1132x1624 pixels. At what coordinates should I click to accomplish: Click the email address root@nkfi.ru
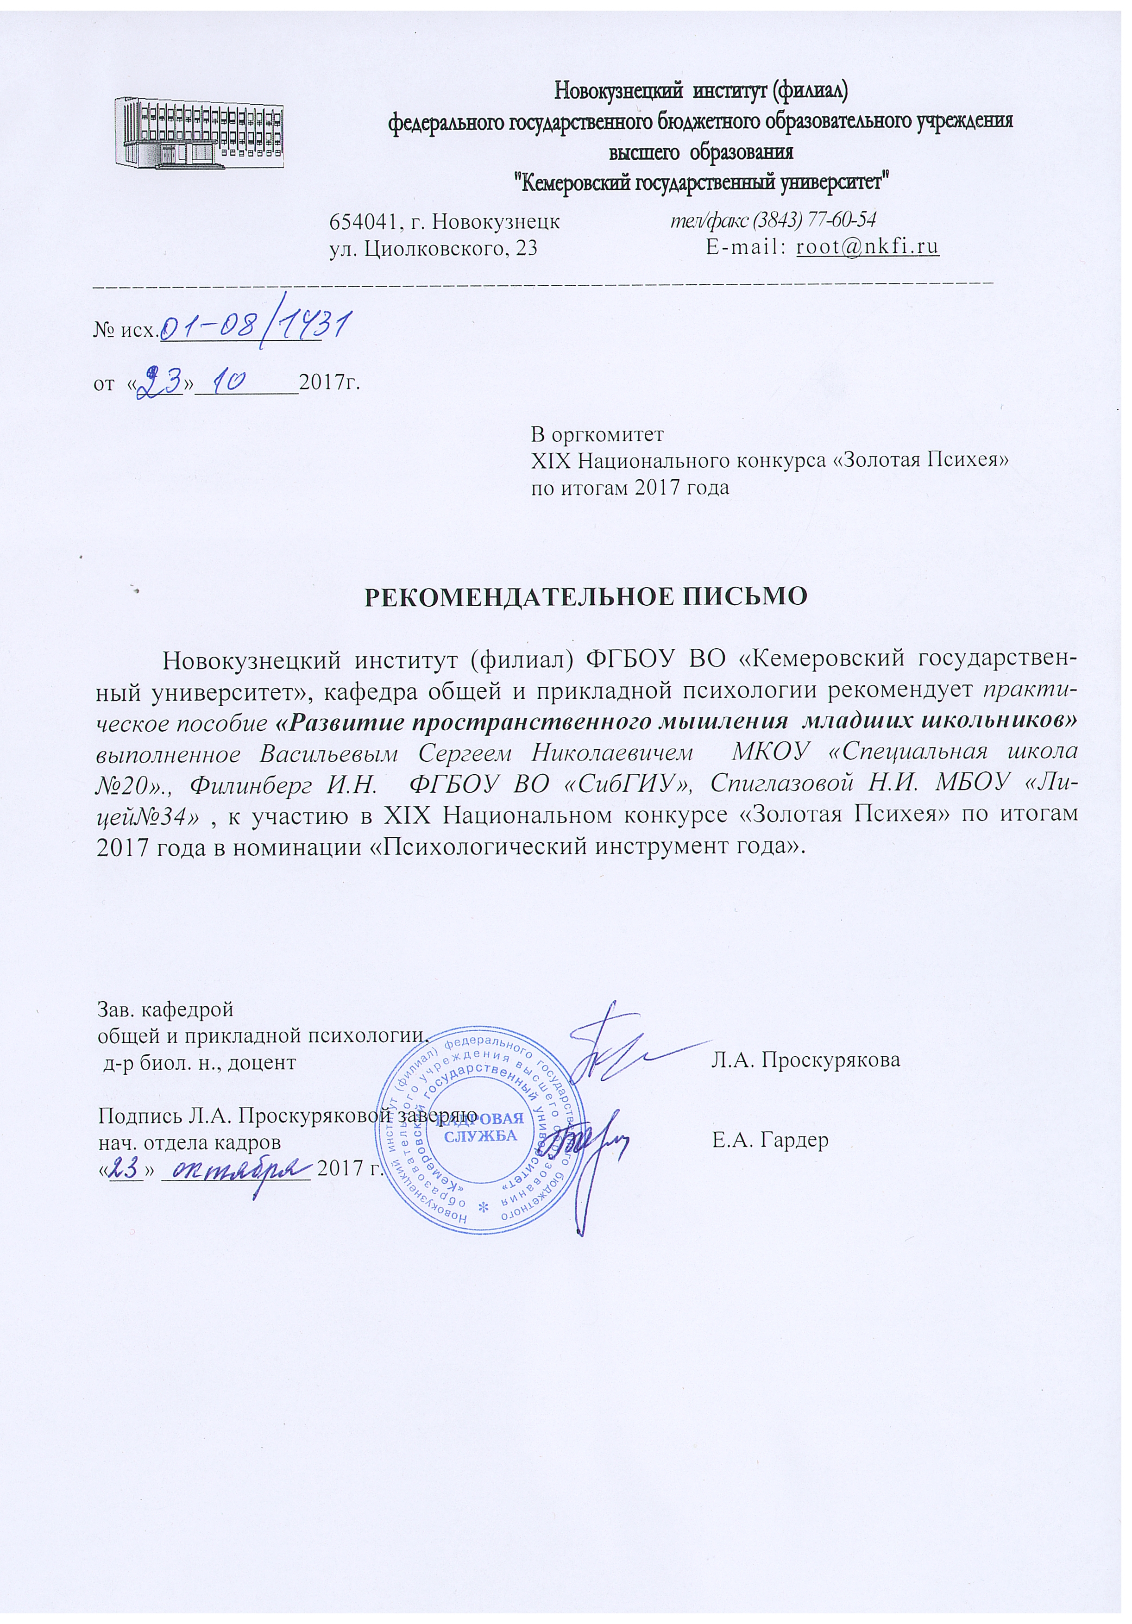coord(868,248)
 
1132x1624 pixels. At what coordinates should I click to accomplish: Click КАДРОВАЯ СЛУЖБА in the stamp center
coord(483,1127)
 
